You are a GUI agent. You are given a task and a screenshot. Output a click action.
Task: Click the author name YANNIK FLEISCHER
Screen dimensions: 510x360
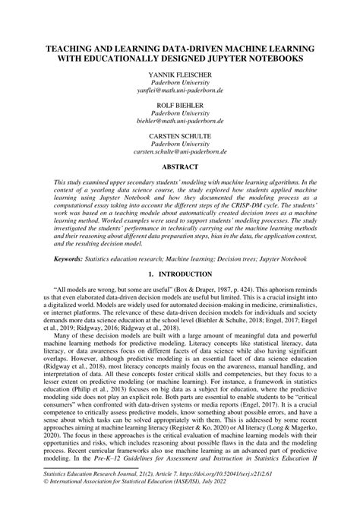[180, 77]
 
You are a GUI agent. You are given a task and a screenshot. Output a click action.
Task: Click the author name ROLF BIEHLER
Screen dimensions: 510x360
[180, 106]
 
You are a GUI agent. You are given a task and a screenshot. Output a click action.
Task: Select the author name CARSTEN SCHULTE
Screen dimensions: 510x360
[180, 135]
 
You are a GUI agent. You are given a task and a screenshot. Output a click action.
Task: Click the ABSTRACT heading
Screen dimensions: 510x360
[180, 166]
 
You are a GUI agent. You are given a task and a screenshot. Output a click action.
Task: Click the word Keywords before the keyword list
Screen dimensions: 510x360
[68, 258]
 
